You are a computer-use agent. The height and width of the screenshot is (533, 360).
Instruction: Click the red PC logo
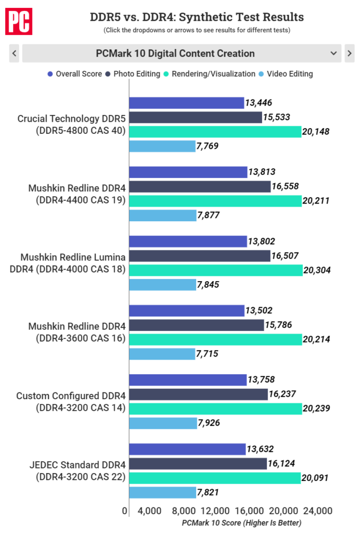pos(18,21)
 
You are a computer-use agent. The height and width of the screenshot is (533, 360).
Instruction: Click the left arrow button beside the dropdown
pos(14,53)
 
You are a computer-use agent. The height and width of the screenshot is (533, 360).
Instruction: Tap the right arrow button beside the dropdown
pos(350,53)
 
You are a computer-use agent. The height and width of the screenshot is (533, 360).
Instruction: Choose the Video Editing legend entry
pos(286,74)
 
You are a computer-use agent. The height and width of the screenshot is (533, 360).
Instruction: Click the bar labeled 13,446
pos(186,103)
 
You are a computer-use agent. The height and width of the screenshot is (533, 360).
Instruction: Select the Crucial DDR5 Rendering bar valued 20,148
pos(215,132)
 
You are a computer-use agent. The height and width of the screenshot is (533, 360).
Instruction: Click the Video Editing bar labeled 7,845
pos(162,284)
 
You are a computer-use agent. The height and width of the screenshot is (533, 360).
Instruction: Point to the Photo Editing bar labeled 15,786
pos(197,325)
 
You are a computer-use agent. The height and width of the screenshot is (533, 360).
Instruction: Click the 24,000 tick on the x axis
pos(317,511)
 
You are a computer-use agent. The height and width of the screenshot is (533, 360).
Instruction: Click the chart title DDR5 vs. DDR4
pos(197,17)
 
